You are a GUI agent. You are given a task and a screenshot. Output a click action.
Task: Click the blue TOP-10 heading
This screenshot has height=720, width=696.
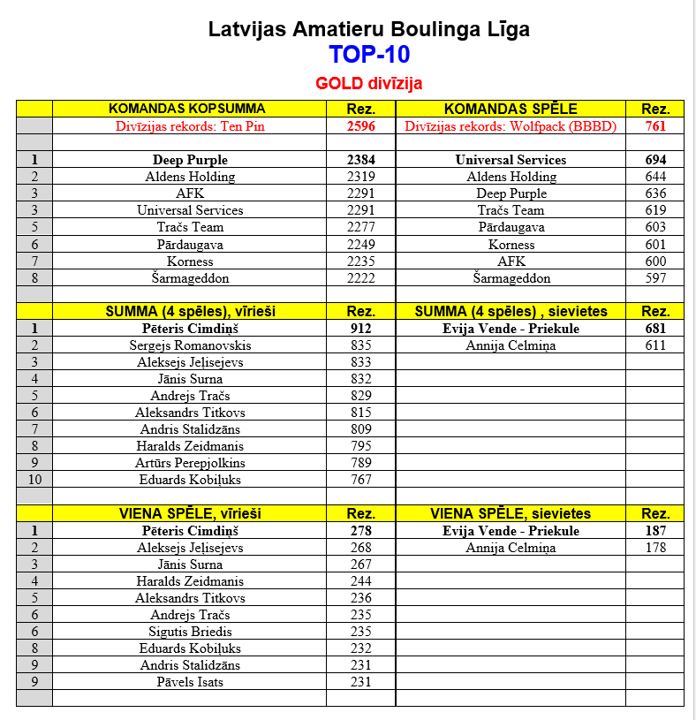pos(369,55)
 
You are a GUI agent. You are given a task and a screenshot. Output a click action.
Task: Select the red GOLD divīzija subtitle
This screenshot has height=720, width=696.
pos(369,84)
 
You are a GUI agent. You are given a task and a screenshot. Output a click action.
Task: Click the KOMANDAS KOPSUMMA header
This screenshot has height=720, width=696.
pos(186,109)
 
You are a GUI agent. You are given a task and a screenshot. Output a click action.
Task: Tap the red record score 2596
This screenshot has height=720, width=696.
pos(360,126)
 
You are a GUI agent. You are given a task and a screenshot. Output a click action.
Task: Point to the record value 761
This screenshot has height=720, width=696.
pos(654,126)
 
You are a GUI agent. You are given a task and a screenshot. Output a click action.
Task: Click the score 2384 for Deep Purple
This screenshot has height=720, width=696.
pos(360,160)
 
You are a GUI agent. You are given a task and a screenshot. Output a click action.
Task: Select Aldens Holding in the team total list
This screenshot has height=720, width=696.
pos(190,177)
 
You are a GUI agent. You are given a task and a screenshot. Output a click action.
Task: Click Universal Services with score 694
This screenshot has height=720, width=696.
pos(511,160)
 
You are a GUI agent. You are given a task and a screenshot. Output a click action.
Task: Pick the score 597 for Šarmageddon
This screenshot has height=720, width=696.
pos(654,278)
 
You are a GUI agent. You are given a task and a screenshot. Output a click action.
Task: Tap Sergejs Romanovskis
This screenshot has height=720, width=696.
pos(190,345)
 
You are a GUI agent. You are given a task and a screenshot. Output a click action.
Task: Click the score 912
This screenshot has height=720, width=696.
pos(360,329)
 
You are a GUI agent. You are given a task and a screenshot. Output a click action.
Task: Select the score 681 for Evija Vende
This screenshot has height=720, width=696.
pos(654,329)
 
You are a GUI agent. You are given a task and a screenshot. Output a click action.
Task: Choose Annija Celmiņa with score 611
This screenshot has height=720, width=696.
pos(511,345)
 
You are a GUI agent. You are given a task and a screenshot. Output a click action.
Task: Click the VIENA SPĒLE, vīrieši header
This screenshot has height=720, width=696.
pos(188,513)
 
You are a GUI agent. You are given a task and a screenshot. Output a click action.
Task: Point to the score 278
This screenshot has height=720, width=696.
pos(360,531)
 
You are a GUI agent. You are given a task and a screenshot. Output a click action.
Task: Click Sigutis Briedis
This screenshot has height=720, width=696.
pos(190,632)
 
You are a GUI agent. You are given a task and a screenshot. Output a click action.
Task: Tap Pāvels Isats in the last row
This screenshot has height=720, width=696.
pos(190,682)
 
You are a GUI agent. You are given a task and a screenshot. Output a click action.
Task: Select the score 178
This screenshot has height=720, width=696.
pos(654,548)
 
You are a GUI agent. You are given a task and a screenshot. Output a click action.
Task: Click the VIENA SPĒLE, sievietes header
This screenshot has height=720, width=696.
pos(511,513)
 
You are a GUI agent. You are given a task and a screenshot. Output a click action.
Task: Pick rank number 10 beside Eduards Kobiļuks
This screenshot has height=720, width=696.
pos(34,480)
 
